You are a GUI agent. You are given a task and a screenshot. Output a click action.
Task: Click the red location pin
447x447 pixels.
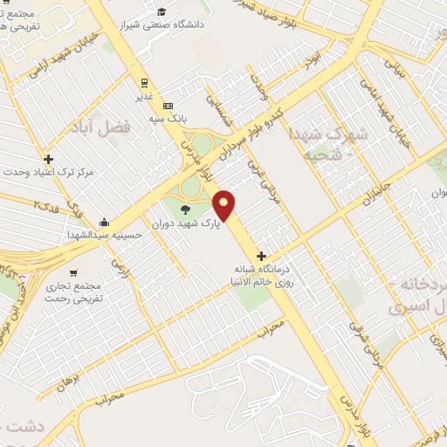[x=225, y=205]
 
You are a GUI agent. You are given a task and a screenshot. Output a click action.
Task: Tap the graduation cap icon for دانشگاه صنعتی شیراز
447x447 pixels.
[x=161, y=12]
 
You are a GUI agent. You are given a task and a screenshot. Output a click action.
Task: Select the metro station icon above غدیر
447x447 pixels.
[x=141, y=82]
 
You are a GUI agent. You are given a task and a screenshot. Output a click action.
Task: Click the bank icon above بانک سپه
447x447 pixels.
[x=168, y=106]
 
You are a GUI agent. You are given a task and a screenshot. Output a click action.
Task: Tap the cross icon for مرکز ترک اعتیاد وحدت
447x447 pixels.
[x=48, y=159]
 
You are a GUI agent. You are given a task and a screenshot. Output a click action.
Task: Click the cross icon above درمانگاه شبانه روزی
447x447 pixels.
[x=261, y=256]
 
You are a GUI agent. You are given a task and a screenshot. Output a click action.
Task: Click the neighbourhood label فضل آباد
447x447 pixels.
[x=104, y=127]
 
